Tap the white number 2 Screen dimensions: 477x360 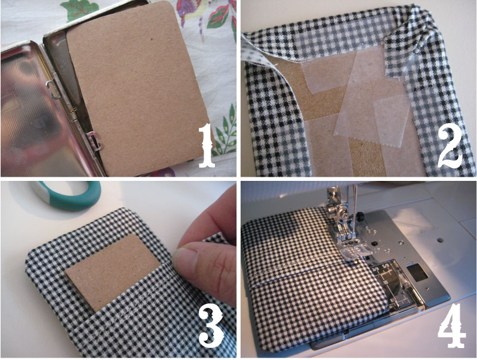pyautogui.click(x=451, y=148)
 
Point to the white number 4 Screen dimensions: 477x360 pyautogui.click(x=451, y=325)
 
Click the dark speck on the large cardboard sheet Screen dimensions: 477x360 pyautogui.click(x=151, y=39)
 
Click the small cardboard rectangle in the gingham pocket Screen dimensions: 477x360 pyautogui.click(x=113, y=273)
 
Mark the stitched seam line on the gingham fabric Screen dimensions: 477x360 pyautogui.click(x=305, y=276)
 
